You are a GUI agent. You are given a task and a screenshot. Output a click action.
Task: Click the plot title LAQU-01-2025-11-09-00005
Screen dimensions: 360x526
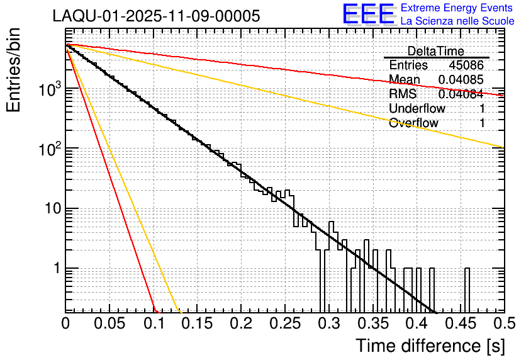tap(156, 16)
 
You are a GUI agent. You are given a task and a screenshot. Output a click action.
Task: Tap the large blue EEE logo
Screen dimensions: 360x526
tap(368, 15)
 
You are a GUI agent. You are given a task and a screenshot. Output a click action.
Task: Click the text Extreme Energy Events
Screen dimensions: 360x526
tap(457, 8)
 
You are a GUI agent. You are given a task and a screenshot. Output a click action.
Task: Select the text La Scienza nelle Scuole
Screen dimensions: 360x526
tap(457, 21)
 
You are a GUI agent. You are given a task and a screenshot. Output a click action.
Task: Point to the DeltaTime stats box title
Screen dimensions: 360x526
tap(435, 51)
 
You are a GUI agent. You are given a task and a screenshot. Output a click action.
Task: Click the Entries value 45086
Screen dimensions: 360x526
tap(466, 65)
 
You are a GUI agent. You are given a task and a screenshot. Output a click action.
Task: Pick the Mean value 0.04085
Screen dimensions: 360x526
tap(461, 80)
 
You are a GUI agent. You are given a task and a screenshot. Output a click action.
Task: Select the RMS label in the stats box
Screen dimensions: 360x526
tap(403, 94)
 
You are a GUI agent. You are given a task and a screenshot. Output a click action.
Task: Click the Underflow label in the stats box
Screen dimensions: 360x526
tap(417, 108)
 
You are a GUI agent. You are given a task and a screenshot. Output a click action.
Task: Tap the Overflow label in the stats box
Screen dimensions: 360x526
tap(413, 123)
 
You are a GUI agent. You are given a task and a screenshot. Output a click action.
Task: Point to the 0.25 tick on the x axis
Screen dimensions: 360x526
tap(284, 323)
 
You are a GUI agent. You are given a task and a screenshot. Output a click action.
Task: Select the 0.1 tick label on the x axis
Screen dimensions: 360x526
tap(153, 323)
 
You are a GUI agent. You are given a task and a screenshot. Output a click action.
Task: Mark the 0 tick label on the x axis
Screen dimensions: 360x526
tap(65, 323)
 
